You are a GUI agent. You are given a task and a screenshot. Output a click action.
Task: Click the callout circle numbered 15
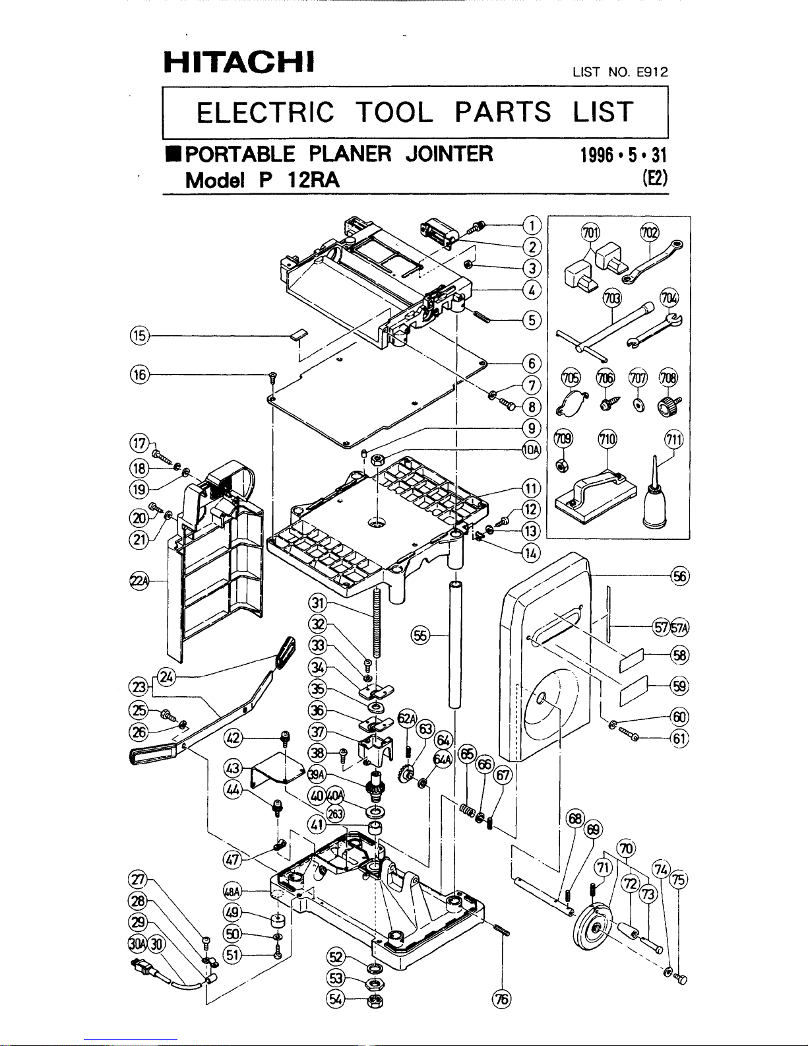139,335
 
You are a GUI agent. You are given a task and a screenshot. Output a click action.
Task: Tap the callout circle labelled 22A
139,581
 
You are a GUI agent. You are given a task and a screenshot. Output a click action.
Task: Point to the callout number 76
502,999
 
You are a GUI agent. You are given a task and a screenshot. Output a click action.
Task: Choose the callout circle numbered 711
674,440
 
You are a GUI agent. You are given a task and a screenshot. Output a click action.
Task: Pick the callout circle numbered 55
420,636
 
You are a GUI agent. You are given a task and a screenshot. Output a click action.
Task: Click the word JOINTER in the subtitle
449,154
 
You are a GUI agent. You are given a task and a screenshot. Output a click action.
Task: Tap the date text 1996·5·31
623,155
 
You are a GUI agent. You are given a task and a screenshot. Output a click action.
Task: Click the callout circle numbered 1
532,225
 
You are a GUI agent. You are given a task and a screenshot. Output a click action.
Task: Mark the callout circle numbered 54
336,999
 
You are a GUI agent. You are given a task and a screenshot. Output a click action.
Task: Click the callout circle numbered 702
649,232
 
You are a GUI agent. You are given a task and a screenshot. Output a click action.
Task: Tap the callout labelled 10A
532,450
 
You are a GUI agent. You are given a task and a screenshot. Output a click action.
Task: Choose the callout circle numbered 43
233,768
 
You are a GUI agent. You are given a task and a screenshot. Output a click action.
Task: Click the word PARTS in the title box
503,112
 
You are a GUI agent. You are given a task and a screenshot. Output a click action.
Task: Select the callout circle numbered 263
335,814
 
